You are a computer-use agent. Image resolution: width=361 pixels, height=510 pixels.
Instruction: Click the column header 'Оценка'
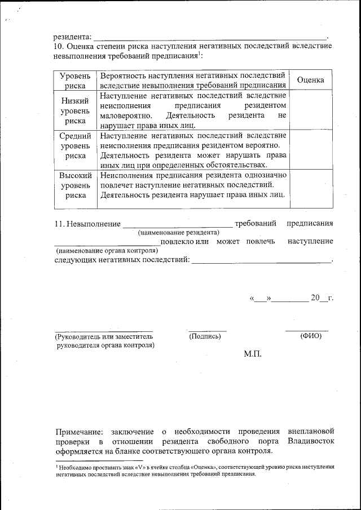310,80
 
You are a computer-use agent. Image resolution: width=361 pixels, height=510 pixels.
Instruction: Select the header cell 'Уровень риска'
75,80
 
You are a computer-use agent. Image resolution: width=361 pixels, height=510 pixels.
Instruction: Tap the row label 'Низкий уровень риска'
75,110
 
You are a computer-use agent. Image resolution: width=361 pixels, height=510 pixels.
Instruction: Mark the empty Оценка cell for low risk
310,110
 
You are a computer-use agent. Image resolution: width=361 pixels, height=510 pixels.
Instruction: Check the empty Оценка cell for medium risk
310,149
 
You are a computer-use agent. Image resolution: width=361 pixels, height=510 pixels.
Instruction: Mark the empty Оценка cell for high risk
310,189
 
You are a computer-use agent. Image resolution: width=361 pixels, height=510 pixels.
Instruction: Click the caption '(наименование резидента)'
178,232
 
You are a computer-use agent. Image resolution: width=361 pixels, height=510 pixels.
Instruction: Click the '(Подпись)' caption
205,336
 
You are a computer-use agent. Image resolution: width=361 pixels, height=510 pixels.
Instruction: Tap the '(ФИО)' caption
311,336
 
